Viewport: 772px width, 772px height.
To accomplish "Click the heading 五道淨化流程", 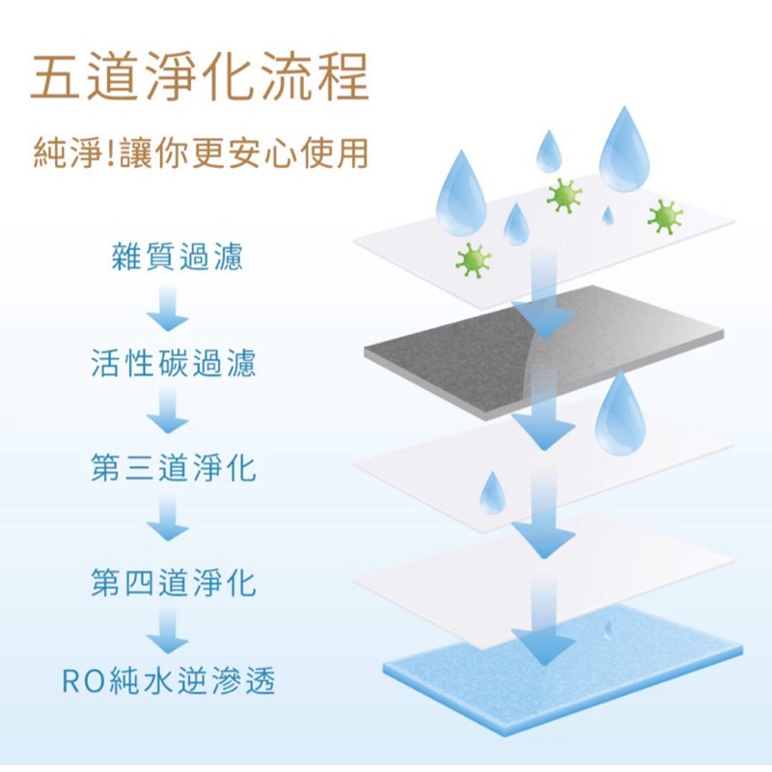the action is point(200,76).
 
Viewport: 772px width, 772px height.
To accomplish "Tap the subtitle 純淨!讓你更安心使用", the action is point(201,152).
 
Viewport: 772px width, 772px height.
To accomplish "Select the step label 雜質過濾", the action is point(178,257).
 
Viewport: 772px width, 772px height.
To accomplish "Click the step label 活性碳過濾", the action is point(174,363).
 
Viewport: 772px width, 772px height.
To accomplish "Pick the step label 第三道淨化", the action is point(174,467).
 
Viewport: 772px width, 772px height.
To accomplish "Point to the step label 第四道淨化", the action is point(174,583).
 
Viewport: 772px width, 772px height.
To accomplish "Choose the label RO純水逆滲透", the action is point(168,680).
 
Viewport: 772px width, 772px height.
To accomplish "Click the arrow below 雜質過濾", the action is point(167,308).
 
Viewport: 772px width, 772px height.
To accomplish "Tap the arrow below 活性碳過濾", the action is point(167,410).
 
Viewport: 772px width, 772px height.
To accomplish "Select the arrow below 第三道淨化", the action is point(167,517).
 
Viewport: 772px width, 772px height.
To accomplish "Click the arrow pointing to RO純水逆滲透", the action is point(167,630).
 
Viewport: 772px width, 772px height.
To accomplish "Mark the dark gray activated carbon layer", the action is point(544,352).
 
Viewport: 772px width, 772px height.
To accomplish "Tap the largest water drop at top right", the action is point(623,151).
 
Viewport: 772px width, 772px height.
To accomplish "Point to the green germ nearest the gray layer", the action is point(473,261).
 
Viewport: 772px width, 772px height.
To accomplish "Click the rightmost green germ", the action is point(665,216).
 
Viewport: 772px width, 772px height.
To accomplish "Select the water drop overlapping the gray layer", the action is point(620,414).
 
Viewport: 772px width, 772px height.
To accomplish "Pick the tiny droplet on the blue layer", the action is point(609,629).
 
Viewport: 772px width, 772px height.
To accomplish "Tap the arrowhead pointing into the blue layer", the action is point(543,648).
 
